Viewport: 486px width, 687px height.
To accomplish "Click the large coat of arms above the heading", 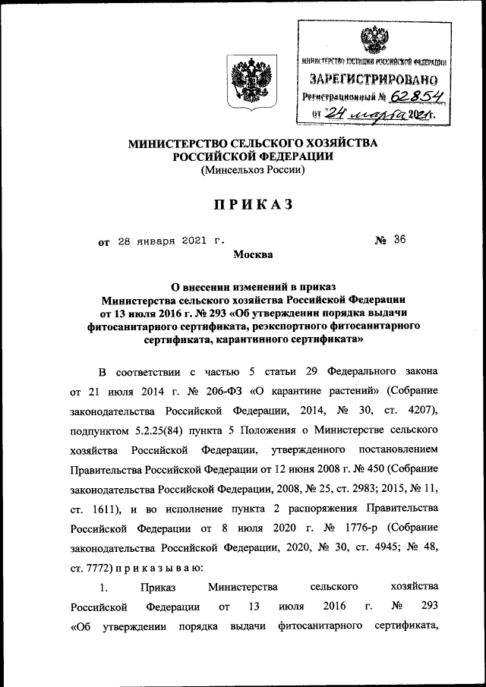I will (x=245, y=80).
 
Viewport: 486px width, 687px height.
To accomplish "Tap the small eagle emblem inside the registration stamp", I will (x=372, y=39).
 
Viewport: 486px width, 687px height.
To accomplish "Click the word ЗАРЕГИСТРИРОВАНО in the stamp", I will (x=373, y=79).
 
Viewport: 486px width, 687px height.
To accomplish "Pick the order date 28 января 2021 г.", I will (x=172, y=241).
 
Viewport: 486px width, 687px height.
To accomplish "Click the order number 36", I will (x=400, y=241).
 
